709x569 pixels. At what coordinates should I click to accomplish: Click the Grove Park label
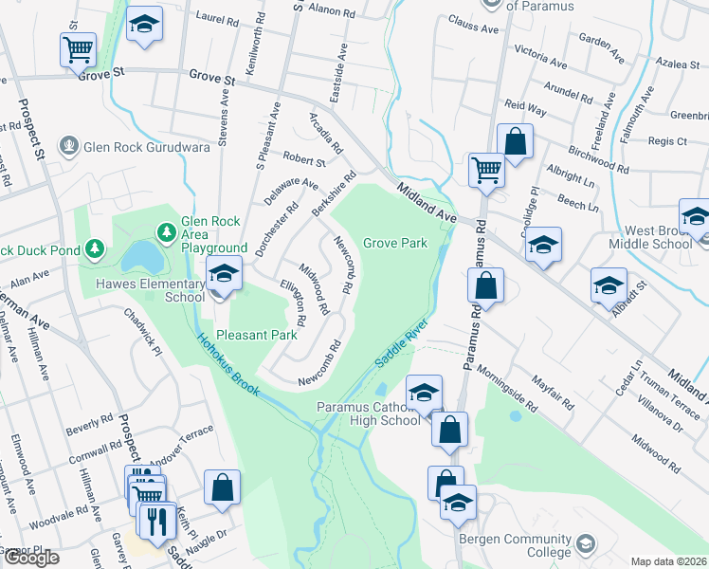tap(394, 244)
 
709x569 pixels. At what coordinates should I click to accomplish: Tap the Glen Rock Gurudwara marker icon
tap(67, 146)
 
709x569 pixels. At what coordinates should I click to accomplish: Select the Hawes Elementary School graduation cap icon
tap(224, 276)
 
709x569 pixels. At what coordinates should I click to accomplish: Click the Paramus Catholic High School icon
tap(425, 393)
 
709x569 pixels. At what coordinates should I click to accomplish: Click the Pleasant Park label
tap(257, 335)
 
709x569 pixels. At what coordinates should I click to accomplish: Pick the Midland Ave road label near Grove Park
tap(427, 202)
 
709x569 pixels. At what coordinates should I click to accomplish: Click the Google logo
tap(30, 558)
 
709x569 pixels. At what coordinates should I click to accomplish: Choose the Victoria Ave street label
tap(541, 58)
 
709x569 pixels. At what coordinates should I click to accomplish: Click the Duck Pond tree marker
tap(94, 249)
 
